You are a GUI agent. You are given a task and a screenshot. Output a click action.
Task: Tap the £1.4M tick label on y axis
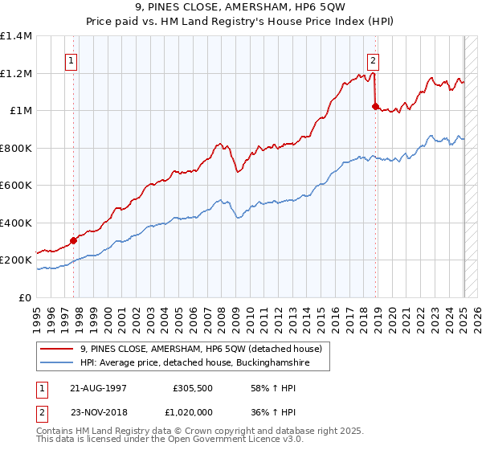click(16, 36)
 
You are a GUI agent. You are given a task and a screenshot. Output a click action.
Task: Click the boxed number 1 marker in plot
click(72, 59)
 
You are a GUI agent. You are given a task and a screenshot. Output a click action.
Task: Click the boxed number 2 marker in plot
click(374, 59)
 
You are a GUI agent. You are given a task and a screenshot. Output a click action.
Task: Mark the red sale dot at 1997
click(73, 240)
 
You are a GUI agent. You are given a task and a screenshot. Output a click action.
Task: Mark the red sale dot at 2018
click(375, 106)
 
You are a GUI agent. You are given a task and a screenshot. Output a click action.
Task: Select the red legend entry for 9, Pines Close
click(201, 349)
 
